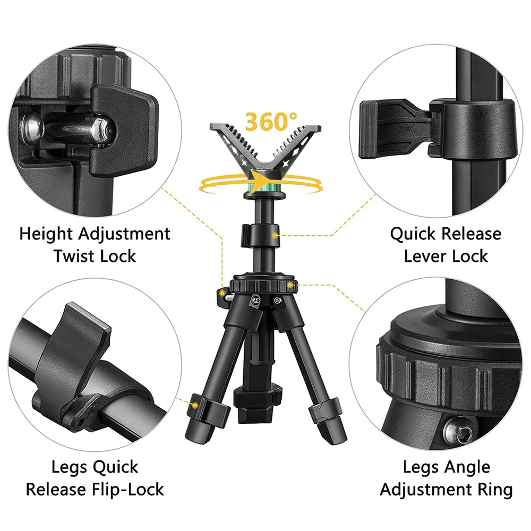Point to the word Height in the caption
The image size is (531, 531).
tap(49, 234)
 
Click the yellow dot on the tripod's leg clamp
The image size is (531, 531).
tap(195, 405)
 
